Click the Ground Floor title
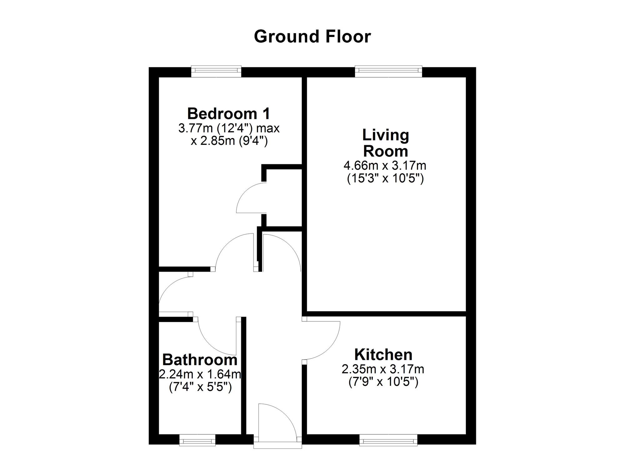click(312, 36)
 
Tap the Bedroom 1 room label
click(228, 113)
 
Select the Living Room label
click(386, 143)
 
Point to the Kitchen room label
click(383, 355)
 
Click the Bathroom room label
click(200, 360)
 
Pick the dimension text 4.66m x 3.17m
click(385, 165)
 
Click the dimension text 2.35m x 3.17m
click(383, 369)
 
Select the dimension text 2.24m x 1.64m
click(200, 374)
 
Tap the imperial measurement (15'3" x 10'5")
click(385, 179)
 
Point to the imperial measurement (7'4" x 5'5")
click(200, 387)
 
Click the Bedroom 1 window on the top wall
click(216, 71)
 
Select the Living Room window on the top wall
click(388, 71)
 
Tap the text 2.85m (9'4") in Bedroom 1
click(234, 141)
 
